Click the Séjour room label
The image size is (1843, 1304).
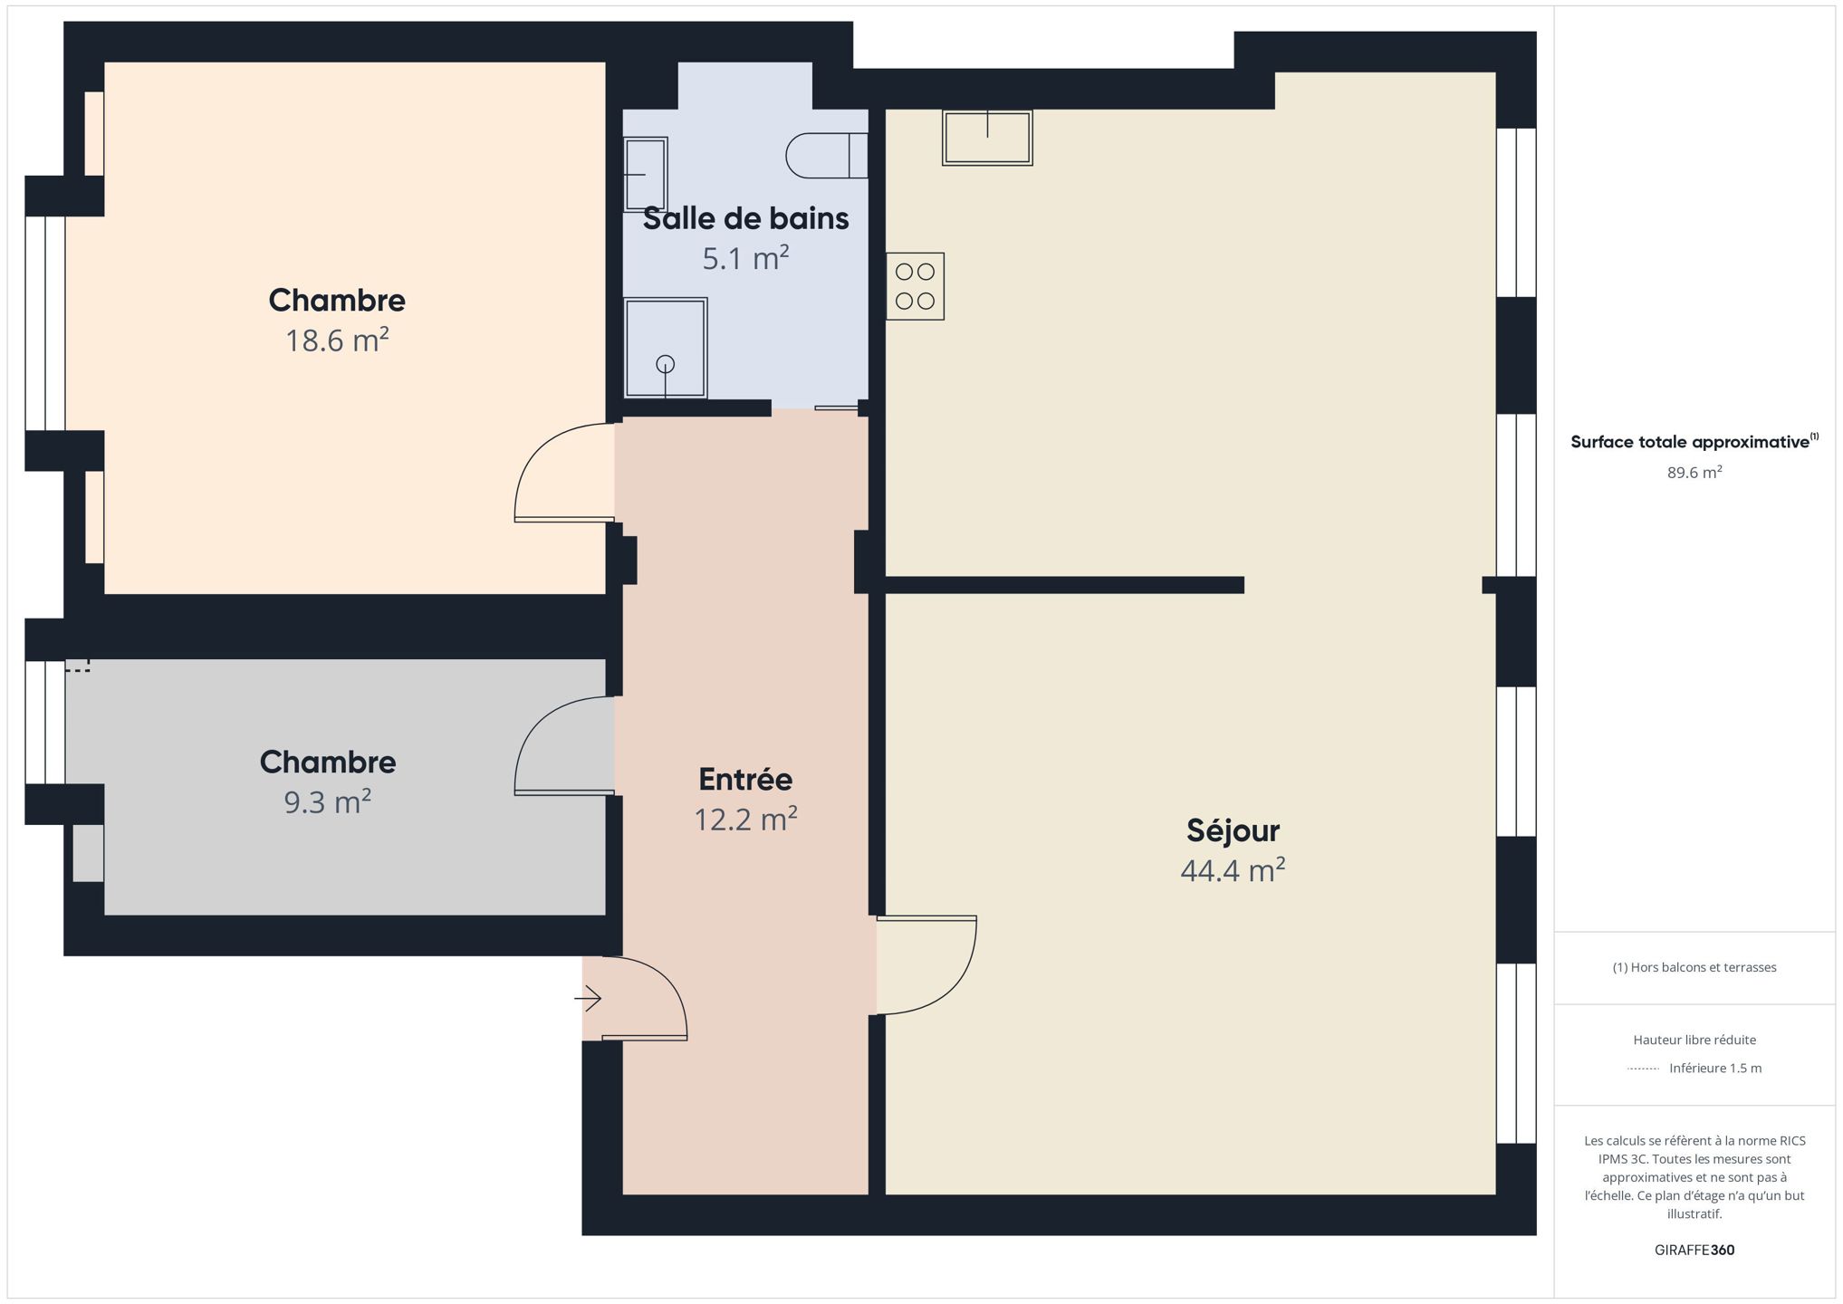click(x=1233, y=830)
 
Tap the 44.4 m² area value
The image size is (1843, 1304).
click(x=1233, y=870)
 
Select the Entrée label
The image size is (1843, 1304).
click(x=745, y=779)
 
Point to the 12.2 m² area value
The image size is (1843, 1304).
click(x=745, y=819)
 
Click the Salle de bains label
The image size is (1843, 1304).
click(x=745, y=218)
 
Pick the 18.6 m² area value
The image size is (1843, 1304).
click(x=337, y=340)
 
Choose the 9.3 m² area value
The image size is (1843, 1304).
click(x=328, y=802)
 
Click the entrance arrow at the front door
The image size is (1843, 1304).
click(x=588, y=999)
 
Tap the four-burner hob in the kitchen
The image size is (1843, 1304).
click(x=915, y=286)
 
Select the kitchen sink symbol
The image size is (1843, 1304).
click(x=987, y=138)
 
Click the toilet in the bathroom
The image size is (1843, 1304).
click(x=827, y=156)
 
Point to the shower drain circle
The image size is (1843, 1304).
click(x=666, y=364)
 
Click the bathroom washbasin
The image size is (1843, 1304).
click(x=645, y=174)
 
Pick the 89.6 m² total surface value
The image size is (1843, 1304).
click(x=1694, y=472)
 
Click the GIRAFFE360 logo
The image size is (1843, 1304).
click(x=1694, y=1250)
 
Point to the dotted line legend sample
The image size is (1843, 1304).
click(x=1643, y=1069)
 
